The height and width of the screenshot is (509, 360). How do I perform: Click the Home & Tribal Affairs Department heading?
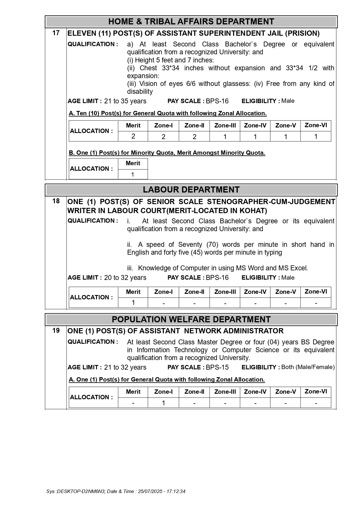coord(191,21)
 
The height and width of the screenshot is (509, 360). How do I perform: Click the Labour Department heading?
coord(191,190)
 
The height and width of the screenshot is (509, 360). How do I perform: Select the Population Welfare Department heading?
coord(191,319)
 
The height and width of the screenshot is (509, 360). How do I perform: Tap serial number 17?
coord(56,33)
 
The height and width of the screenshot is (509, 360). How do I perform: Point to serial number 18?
coord(56,201)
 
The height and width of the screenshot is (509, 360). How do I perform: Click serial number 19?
coord(56,330)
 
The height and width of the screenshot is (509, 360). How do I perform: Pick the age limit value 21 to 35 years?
coord(125,101)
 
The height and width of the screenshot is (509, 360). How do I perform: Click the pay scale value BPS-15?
coord(217,367)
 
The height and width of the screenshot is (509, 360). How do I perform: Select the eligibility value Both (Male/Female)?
coord(308,367)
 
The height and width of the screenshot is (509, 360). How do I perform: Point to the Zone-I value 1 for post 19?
coord(163,403)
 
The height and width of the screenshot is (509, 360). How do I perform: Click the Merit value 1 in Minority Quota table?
coord(133,175)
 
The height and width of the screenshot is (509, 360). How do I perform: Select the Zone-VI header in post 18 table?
coord(316,292)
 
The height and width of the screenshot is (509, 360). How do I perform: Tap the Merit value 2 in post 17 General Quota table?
coord(133,136)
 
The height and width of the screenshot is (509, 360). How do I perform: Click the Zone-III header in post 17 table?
coord(225,125)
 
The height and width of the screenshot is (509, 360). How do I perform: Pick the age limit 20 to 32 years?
coord(125,278)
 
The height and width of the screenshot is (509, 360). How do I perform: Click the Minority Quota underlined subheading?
coord(167,153)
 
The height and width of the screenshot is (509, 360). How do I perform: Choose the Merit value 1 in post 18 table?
coord(133,303)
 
